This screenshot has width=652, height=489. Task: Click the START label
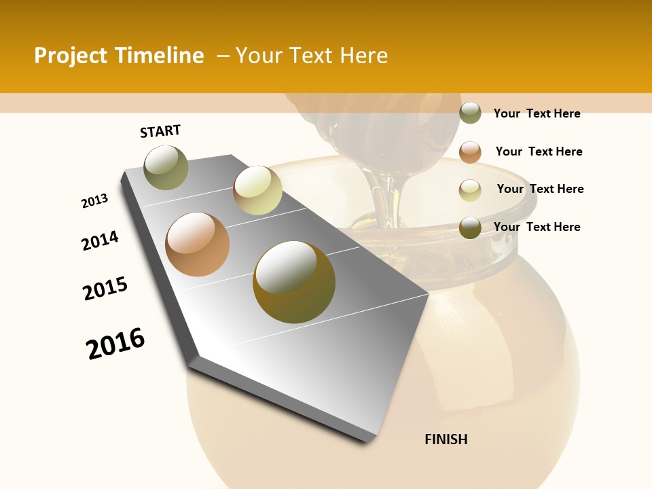(x=160, y=131)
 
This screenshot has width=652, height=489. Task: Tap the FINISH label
(x=446, y=439)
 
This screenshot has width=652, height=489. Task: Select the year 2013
(x=95, y=201)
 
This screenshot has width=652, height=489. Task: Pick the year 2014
(x=100, y=240)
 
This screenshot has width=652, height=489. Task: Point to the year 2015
(x=105, y=289)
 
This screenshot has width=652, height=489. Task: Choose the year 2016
(x=115, y=343)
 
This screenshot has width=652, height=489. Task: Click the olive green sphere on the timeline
(x=166, y=167)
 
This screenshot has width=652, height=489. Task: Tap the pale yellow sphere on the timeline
(x=257, y=190)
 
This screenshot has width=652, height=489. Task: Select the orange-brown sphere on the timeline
(x=197, y=244)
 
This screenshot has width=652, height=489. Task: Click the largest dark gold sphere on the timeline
(x=293, y=282)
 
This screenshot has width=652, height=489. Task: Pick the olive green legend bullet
(x=470, y=113)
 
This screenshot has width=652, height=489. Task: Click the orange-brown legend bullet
(x=470, y=151)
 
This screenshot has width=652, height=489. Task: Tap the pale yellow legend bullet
(x=470, y=189)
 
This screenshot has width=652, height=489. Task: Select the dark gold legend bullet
(x=470, y=228)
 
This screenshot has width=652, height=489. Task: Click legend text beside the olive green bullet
(x=537, y=113)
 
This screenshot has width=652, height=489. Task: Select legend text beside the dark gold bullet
(x=537, y=227)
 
